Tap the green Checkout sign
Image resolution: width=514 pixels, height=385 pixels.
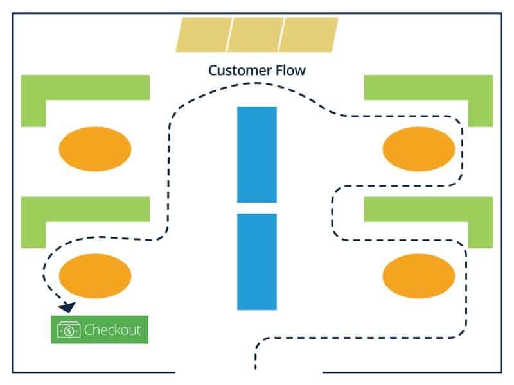click(100, 330)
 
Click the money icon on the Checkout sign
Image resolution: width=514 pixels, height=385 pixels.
click(68, 330)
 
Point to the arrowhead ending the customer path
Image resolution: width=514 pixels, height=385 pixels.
click(67, 307)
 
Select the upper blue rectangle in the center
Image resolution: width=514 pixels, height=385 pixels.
click(257, 154)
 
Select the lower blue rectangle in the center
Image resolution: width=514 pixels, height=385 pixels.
click(257, 261)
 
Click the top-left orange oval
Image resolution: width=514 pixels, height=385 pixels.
click(95, 149)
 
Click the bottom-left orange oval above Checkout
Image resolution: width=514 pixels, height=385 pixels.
click(95, 275)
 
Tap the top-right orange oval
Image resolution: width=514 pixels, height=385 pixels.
click(419, 149)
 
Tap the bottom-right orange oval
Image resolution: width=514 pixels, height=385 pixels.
click(419, 275)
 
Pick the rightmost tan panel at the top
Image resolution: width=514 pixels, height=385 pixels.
click(309, 35)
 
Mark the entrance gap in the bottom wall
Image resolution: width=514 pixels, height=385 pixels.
click(248, 372)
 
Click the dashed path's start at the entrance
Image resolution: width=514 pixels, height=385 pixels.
click(256, 366)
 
